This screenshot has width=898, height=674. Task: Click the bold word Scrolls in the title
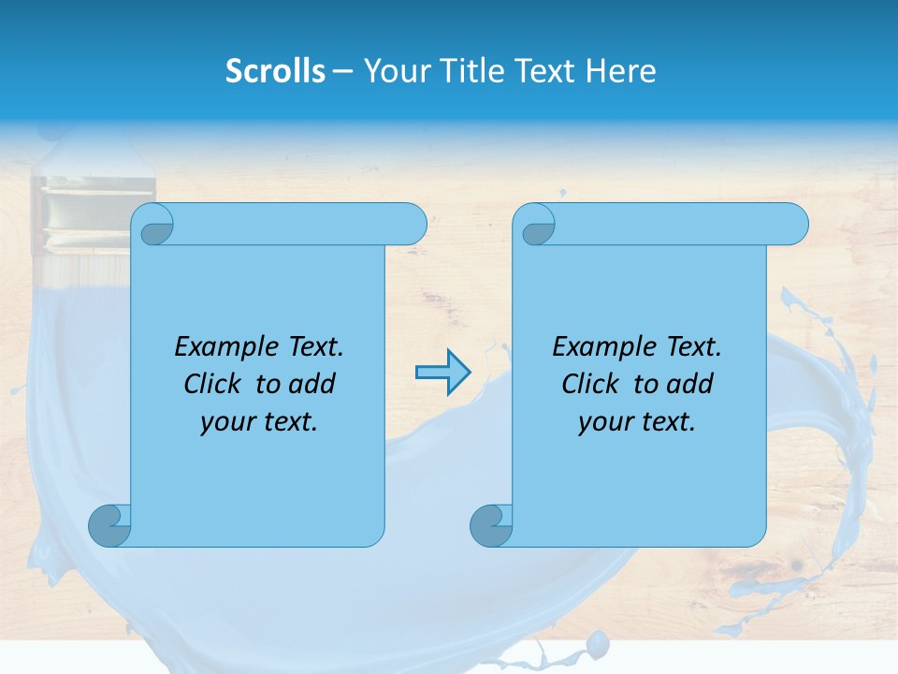click(276, 71)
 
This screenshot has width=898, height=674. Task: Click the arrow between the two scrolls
click(442, 373)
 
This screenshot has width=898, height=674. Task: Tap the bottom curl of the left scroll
click(109, 525)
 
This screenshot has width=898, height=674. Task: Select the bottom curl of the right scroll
click(491, 525)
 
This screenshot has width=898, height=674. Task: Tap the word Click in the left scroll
click(205, 384)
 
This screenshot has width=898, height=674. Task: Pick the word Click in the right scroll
click(583, 384)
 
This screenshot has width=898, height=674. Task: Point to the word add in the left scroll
click(312, 384)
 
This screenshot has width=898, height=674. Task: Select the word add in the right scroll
click(690, 384)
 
